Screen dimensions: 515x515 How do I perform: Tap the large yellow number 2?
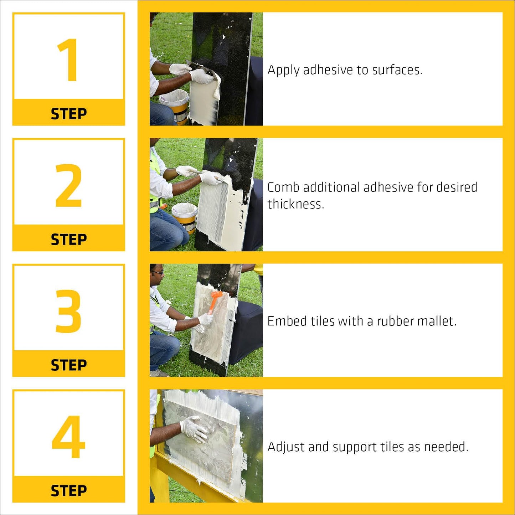pos(68,185)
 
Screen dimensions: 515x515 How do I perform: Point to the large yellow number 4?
pos(68,437)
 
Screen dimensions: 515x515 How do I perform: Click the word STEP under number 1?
pos(69,114)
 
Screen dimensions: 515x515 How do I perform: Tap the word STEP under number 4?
pos(69,491)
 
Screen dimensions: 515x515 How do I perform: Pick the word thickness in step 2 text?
pos(296,204)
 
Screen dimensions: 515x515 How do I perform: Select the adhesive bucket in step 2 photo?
pos(185,218)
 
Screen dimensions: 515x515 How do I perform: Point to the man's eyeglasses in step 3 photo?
pos(158,272)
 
